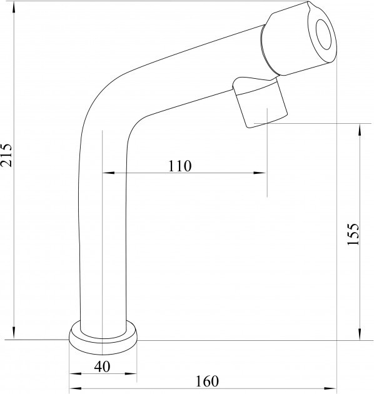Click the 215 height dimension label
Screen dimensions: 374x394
(6, 155)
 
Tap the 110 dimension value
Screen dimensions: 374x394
(179, 166)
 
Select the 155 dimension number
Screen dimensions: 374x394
(353, 234)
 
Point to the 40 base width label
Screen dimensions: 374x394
(102, 366)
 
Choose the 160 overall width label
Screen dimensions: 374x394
(207, 381)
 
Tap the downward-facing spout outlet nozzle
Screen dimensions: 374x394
(260, 103)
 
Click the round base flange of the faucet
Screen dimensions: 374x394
(103, 338)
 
